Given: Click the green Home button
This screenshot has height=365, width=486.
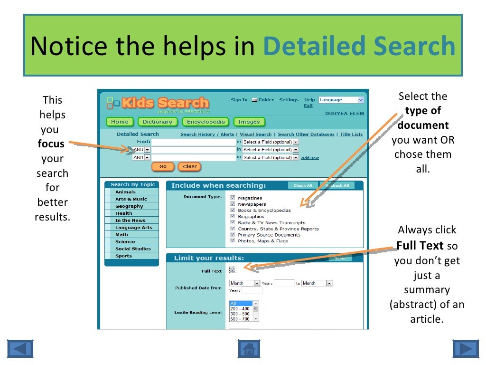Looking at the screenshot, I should [120, 122].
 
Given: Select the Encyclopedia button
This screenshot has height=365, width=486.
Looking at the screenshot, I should [206, 122].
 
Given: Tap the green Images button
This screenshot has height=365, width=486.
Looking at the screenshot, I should [249, 122].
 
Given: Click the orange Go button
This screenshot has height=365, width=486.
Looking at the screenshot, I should [163, 167].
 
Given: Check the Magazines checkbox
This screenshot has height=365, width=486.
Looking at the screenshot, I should [233, 198].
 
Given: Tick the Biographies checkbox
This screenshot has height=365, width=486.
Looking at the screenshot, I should [233, 216].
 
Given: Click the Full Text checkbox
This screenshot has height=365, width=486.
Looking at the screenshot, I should [233, 270].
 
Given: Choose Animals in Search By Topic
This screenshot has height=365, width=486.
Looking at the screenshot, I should [125, 192].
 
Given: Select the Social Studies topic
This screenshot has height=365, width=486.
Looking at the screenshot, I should [132, 249].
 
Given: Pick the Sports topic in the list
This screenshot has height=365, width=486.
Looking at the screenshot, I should [123, 256].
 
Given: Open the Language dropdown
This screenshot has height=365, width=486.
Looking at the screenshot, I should [341, 100].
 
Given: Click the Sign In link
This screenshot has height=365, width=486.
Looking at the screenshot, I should [239, 100].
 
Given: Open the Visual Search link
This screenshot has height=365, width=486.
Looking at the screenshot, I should [256, 134].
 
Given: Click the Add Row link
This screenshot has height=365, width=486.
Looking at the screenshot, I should [310, 158].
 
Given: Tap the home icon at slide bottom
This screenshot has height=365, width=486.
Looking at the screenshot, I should [249, 349].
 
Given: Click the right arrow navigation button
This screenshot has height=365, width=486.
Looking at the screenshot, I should [466, 349].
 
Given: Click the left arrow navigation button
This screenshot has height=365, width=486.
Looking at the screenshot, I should [20, 349].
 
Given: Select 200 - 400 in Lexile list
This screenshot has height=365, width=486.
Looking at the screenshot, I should [240, 309].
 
